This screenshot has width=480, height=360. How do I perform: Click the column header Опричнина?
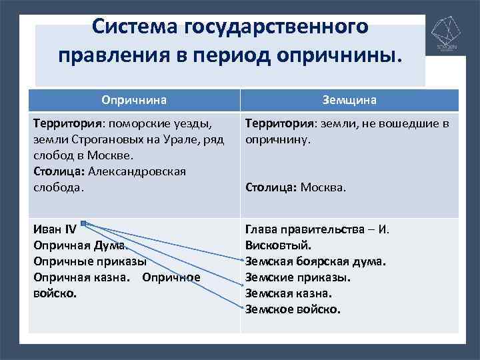(133, 100)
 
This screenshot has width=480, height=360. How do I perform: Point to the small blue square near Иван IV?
(83, 224)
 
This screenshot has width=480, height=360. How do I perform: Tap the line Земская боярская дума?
(316, 261)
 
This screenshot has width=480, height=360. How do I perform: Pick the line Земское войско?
(293, 309)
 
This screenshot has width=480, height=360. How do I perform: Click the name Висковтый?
(277, 245)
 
